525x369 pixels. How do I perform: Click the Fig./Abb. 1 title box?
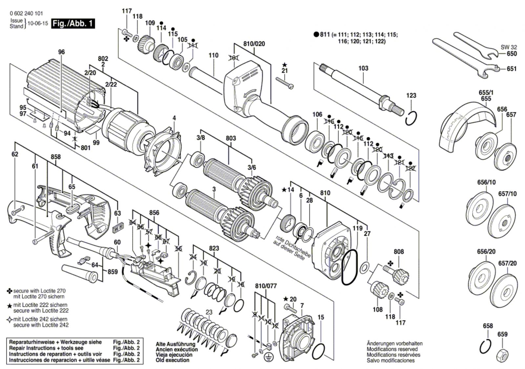[73, 24]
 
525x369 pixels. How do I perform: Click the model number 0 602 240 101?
[26, 13]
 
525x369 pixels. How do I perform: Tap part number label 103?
[363, 68]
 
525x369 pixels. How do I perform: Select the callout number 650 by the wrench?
[512, 54]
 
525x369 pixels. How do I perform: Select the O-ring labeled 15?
[319, 351]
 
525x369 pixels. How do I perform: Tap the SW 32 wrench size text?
[509, 47]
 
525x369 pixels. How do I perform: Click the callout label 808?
[399, 252]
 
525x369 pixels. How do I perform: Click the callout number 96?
[61, 52]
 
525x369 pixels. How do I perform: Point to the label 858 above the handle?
[56, 157]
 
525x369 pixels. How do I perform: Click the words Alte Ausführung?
[175, 344]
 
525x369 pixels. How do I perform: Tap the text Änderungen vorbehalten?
[394, 343]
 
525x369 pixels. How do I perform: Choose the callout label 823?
[214, 249]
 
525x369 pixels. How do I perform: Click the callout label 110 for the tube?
[213, 55]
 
